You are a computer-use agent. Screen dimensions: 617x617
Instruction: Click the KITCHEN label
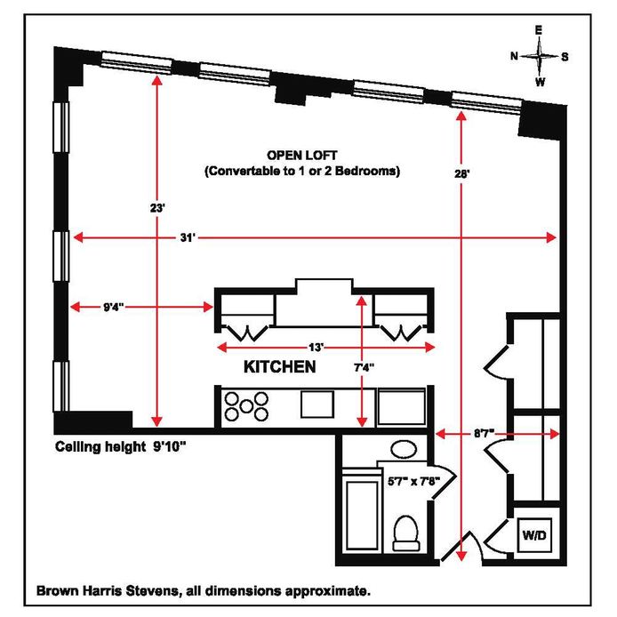(x=279, y=366)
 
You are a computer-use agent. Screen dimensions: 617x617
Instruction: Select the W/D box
(x=536, y=536)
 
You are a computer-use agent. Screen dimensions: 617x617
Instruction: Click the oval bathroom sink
(x=406, y=449)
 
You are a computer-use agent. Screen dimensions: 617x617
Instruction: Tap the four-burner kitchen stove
(x=246, y=405)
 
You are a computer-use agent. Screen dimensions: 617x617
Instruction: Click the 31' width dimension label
(x=186, y=237)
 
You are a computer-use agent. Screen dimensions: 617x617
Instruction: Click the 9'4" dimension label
(x=113, y=308)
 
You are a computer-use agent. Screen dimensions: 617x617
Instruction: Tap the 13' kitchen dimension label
(x=317, y=346)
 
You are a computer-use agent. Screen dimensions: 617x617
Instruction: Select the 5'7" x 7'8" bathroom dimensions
(x=416, y=481)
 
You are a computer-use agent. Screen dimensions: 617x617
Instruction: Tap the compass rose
(x=539, y=56)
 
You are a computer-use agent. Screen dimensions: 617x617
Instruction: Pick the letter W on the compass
(x=539, y=82)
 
